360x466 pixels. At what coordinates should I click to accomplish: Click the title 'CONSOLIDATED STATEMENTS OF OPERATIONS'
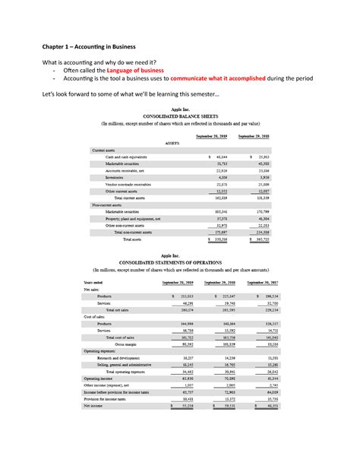coord(180,262)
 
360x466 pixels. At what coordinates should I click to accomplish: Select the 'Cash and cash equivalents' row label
coord(126,157)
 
